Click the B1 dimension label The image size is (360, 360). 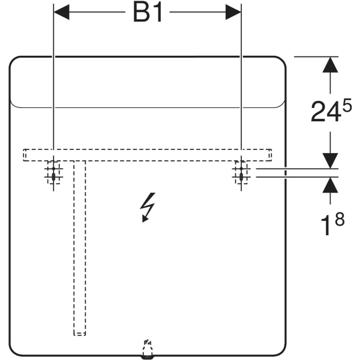pyautogui.click(x=148, y=13)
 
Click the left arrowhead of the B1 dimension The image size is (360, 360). pyautogui.click(x=62, y=12)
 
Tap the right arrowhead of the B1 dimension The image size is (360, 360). pyautogui.click(x=233, y=12)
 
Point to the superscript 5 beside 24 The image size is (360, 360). pyautogui.click(x=346, y=105)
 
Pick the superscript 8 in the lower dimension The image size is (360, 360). pyautogui.click(x=340, y=219)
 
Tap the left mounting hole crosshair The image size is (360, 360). pyautogui.click(x=53, y=173)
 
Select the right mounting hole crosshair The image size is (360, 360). pyautogui.click(x=241, y=173)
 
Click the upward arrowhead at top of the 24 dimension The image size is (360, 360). pyautogui.click(x=330, y=65)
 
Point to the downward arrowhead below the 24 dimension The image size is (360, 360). pyautogui.click(x=330, y=160)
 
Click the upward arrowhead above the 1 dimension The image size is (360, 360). pyautogui.click(x=330, y=185)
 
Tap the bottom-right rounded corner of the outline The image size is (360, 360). pyautogui.click(x=281, y=351)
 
